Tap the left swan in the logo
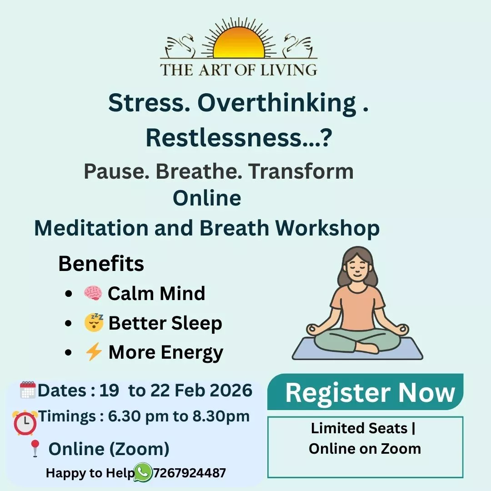180,47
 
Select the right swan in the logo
297,47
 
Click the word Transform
301,171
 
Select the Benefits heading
101,264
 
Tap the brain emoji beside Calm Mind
93,293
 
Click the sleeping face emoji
94,322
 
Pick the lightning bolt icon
94,351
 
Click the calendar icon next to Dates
28,390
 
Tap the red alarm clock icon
25,422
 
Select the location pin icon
35,448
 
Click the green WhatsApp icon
143,472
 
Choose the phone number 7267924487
189,473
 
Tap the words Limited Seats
359,428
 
